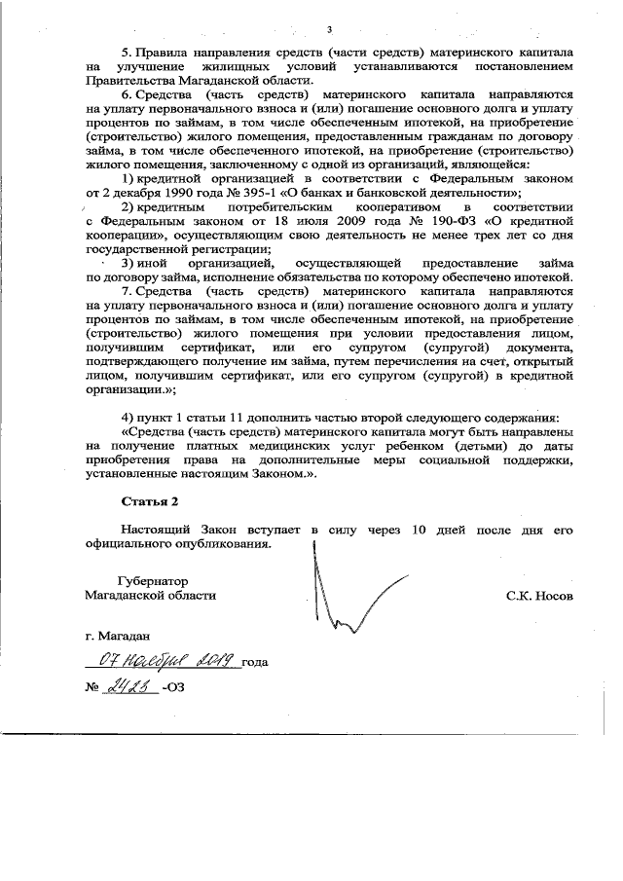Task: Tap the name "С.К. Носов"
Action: tap(539, 594)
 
